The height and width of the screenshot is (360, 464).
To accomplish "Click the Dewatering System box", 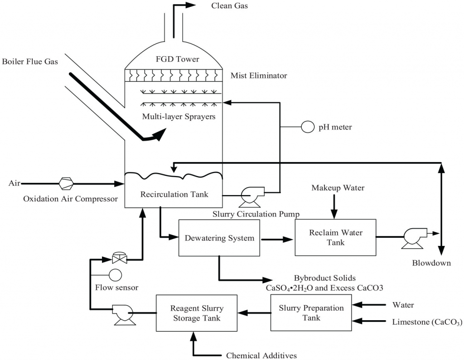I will click(x=219, y=238).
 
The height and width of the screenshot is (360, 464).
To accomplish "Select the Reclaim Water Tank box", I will click(x=335, y=238).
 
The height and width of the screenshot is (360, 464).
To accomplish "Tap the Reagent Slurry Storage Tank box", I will click(x=197, y=313).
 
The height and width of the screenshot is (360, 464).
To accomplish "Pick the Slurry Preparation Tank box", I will click(x=311, y=313).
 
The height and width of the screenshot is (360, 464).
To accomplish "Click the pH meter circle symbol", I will click(x=308, y=127).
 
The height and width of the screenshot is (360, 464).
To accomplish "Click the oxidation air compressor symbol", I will click(x=66, y=183).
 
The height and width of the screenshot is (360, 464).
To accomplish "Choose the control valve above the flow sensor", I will click(x=120, y=258).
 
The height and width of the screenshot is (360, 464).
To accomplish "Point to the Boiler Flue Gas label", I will click(x=30, y=62).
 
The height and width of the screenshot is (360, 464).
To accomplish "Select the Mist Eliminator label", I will click(x=258, y=76).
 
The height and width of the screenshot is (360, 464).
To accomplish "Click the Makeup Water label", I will click(x=338, y=187).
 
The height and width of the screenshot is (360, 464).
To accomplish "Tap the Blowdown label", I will click(x=431, y=263).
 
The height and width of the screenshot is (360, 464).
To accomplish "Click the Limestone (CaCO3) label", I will click(x=427, y=322).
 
